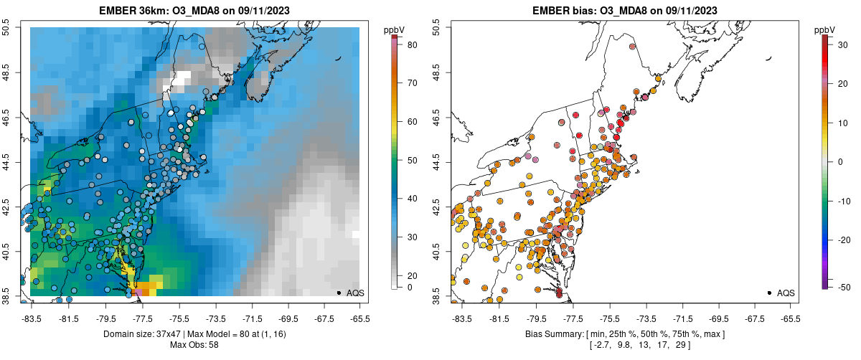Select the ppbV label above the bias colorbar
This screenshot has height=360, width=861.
click(x=825, y=30)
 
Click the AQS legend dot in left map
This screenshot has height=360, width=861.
click(x=339, y=293)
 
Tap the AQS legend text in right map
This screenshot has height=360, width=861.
click(x=786, y=293)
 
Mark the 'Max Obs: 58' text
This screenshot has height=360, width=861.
click(x=194, y=345)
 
